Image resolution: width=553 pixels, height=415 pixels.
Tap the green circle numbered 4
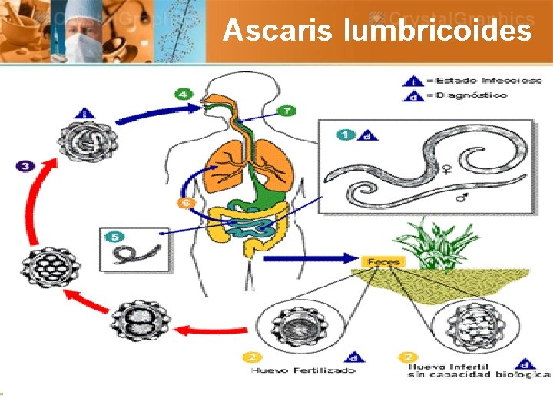pos(183,94)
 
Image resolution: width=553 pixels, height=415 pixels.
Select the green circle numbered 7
pos(285,111)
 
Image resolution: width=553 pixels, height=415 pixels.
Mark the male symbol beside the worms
pos(462,198)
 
